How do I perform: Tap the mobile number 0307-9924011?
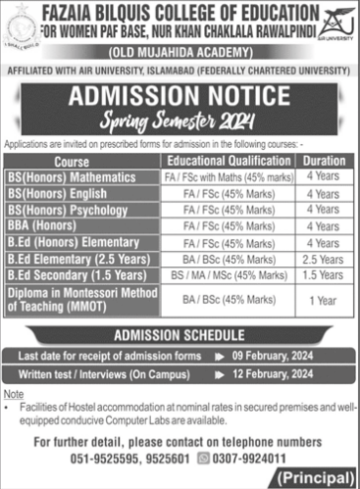pyautogui.click(x=261, y=456)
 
